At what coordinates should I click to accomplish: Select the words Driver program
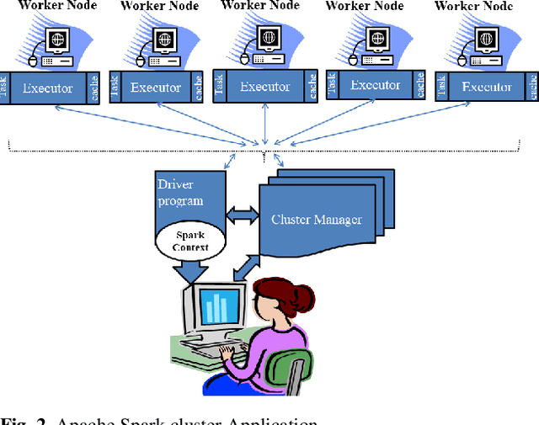[180, 192]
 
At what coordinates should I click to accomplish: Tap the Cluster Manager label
[317, 220]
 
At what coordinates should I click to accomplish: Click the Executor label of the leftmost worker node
[47, 88]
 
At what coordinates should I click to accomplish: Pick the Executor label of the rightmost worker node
[487, 87]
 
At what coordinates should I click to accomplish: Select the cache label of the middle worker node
[312, 87]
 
